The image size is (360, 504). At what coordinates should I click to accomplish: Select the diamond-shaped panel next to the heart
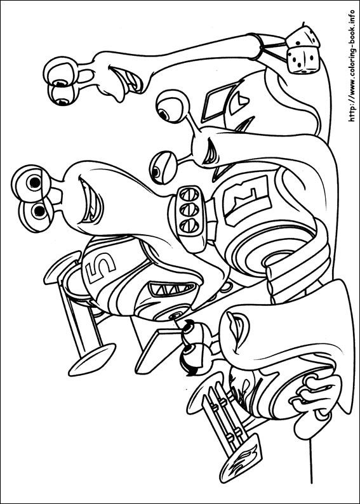coord(216,98)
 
